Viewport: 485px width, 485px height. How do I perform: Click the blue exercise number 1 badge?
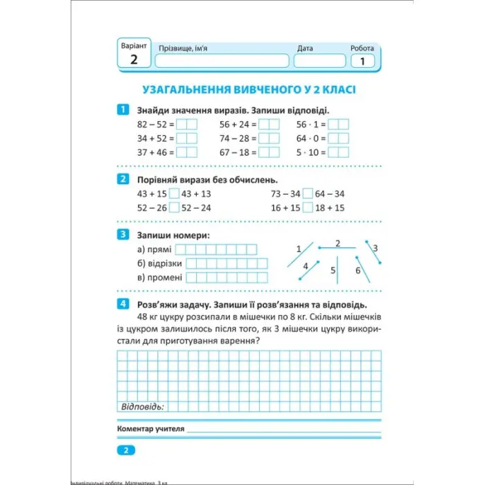pos(123,109)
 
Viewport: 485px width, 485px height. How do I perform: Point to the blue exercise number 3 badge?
pos(123,234)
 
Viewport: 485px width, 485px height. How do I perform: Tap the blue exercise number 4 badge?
pos(123,304)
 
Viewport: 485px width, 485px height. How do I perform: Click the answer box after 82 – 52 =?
pos(187,125)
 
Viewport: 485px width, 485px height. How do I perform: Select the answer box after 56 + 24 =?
pos(269,125)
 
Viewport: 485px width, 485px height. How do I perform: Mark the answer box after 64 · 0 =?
pos(338,139)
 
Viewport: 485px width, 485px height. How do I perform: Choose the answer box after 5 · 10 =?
pos(338,152)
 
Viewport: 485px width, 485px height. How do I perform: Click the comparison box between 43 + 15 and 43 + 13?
pos(175,194)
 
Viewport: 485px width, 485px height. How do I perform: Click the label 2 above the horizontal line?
pos(337,242)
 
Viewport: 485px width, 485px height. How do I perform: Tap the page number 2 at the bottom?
pos(126,450)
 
